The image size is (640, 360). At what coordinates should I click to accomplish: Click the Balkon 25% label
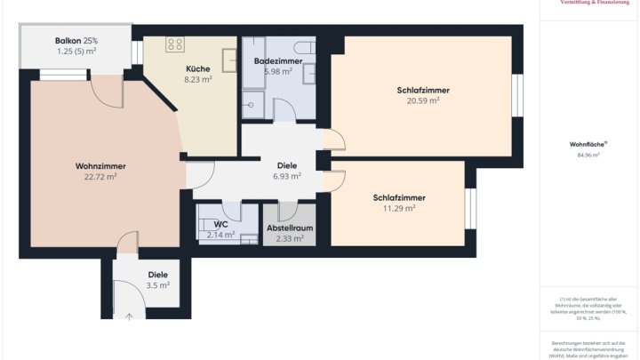[76, 41]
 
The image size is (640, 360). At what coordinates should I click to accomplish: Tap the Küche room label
[197, 68]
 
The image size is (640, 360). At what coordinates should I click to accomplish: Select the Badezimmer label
[277, 60]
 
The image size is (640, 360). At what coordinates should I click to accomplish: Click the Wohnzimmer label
[100, 166]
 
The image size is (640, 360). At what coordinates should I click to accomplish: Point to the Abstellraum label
[290, 228]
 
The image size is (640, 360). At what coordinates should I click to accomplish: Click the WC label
[220, 224]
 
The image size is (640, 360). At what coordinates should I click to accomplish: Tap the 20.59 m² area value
[423, 100]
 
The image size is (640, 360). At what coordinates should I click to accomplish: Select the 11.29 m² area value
[399, 208]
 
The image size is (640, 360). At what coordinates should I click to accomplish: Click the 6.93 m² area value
[287, 176]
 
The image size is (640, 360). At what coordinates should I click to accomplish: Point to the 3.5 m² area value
[157, 285]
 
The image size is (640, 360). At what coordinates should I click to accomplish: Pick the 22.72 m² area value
[100, 177]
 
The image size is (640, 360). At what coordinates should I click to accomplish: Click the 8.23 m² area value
[197, 79]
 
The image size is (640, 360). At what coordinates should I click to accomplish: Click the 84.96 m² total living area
[588, 155]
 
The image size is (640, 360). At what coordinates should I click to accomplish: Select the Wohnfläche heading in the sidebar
[588, 144]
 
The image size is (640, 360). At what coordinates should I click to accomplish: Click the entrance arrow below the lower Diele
[132, 314]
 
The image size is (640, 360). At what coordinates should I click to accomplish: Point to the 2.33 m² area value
[290, 238]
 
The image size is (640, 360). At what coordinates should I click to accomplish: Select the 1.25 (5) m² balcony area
[76, 52]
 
